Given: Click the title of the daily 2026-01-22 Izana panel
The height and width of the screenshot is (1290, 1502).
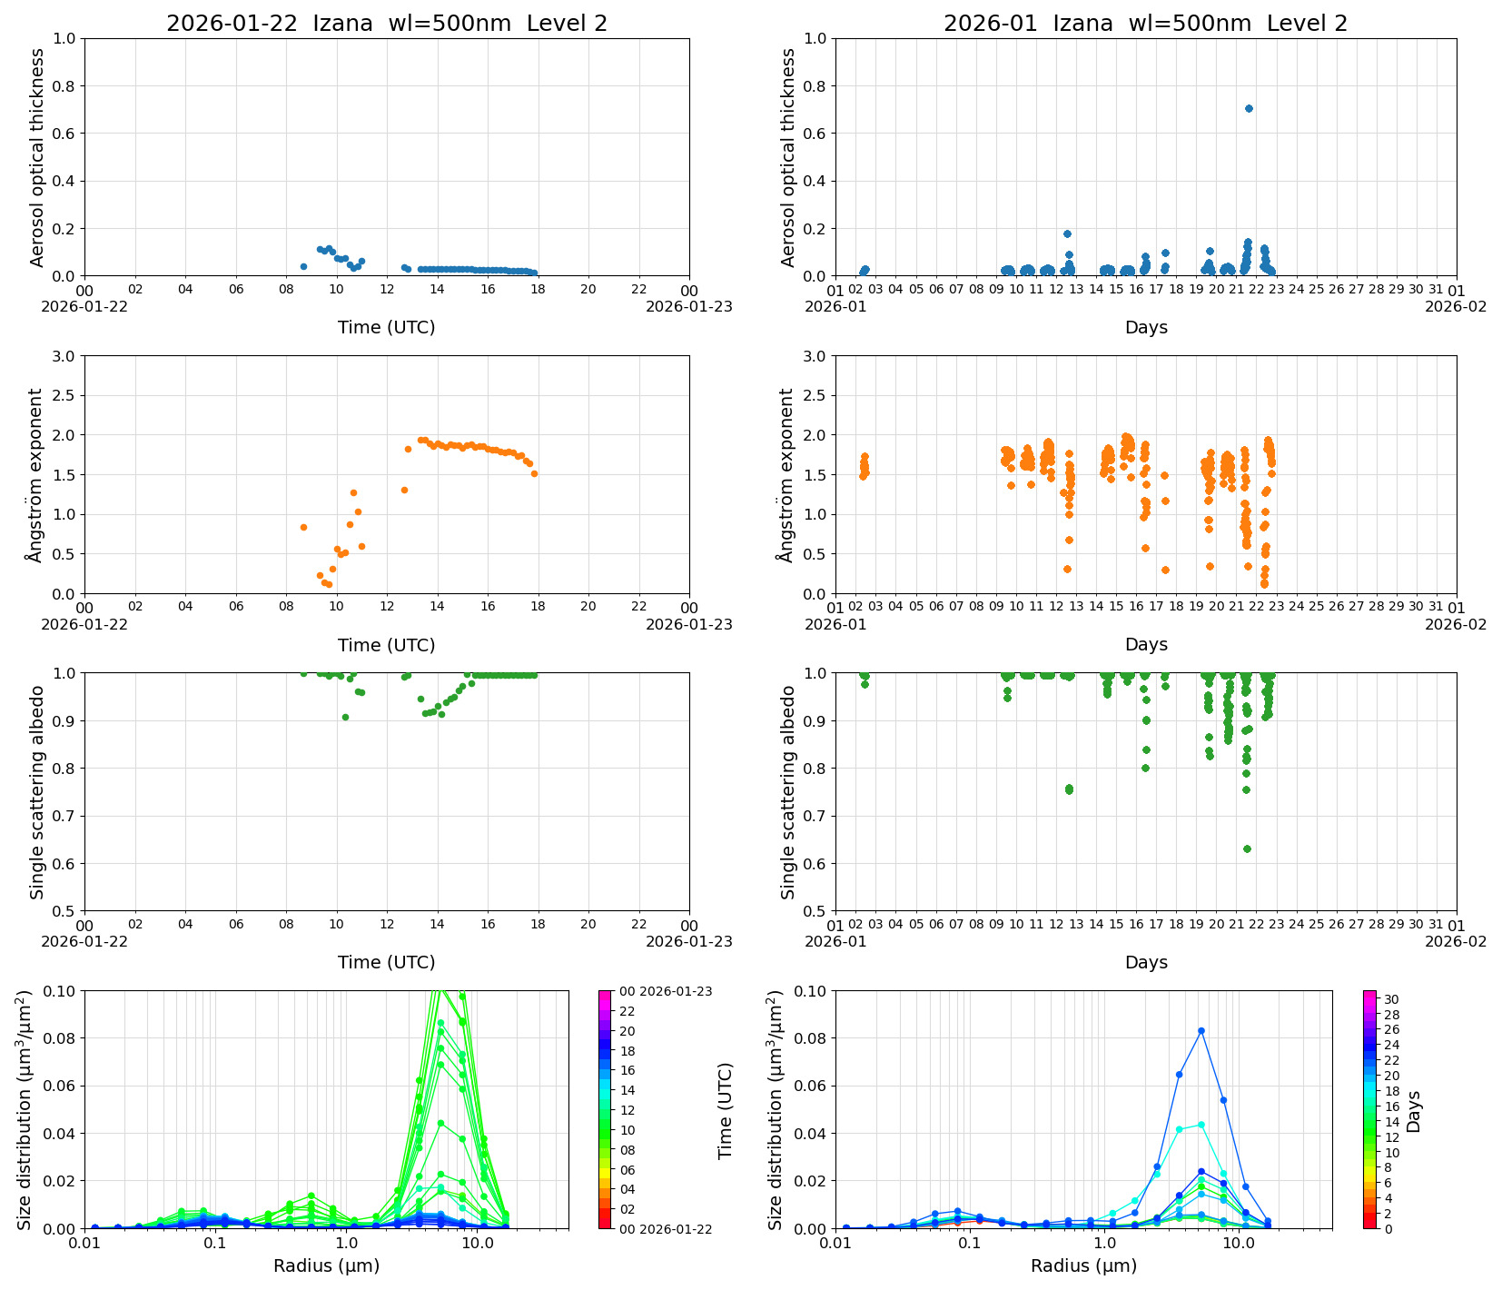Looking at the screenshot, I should (x=386, y=24).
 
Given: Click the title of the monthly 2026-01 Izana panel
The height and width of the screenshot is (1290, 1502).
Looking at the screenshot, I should (x=1145, y=24).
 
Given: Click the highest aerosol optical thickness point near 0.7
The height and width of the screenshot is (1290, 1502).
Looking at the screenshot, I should (x=1249, y=108).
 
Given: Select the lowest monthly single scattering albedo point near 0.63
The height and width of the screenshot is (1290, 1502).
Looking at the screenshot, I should (x=1247, y=848).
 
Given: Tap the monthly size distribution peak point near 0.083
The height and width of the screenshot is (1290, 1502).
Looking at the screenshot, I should (x=1201, y=1031).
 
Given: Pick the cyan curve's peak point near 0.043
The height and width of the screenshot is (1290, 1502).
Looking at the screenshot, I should (x=1201, y=1125).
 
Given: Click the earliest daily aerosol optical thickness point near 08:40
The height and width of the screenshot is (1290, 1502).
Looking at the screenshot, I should (x=303, y=266).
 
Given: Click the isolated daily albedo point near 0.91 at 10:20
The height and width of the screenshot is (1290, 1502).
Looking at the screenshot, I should (x=345, y=717).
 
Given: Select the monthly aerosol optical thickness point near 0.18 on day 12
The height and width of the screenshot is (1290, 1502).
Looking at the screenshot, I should (x=1067, y=233).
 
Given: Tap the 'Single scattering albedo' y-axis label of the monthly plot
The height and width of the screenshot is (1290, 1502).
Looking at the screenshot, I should (x=787, y=792).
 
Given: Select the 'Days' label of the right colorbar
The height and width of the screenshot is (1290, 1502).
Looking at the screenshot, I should (x=1414, y=1111).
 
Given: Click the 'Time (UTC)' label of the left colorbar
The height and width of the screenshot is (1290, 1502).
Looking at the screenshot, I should (x=725, y=1111).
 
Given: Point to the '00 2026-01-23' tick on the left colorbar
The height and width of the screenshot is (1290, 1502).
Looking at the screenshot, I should (x=665, y=991).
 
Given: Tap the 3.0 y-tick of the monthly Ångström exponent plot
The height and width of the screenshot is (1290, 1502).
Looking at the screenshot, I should (x=814, y=356).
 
